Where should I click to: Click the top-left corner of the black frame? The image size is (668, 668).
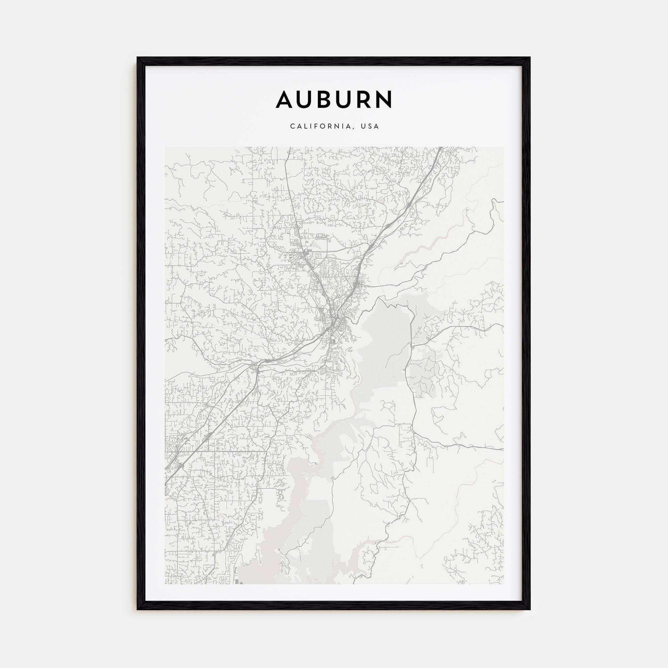138,58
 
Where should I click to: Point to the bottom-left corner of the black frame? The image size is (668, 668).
138,609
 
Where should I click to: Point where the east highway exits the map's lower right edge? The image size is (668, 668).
503,449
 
